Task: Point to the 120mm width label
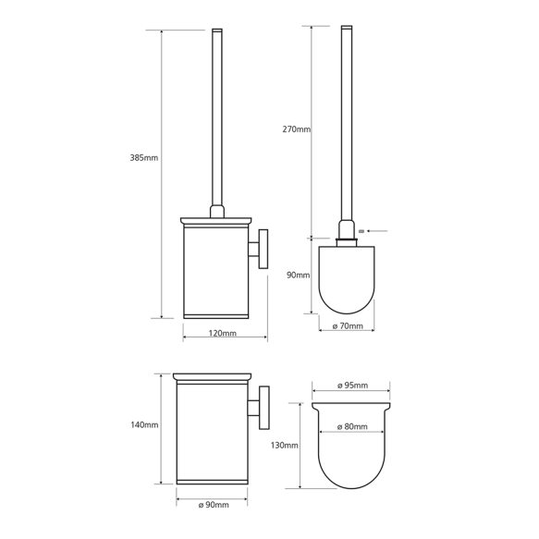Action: (223, 333)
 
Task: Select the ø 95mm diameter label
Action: (353, 385)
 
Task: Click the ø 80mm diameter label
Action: (353, 427)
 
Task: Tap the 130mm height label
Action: (285, 445)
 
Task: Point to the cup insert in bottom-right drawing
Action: (353, 453)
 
